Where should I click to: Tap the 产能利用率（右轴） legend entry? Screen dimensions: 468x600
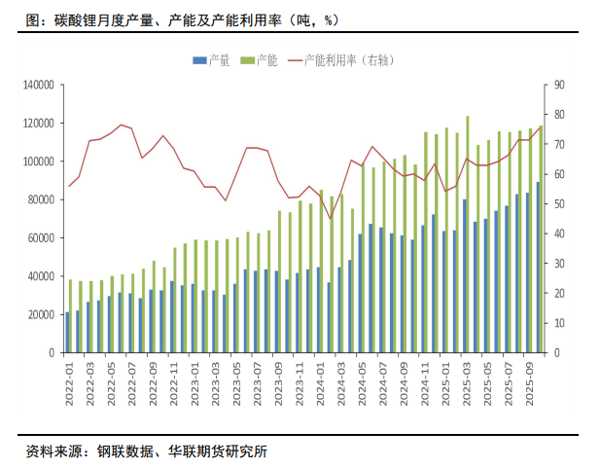(335, 61)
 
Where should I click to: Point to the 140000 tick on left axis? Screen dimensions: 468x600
(35, 86)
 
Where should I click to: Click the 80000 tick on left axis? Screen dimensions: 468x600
(38, 200)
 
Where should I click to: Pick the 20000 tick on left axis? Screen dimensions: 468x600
(38, 314)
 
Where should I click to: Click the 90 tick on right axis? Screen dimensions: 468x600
(560, 86)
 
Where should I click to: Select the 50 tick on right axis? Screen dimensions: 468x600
(560, 204)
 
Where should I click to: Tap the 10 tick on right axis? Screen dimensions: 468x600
(560, 323)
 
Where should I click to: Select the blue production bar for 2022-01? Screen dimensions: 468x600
(67, 332)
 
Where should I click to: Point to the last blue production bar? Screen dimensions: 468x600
(538, 267)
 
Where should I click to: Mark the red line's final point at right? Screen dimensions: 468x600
(541, 126)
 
